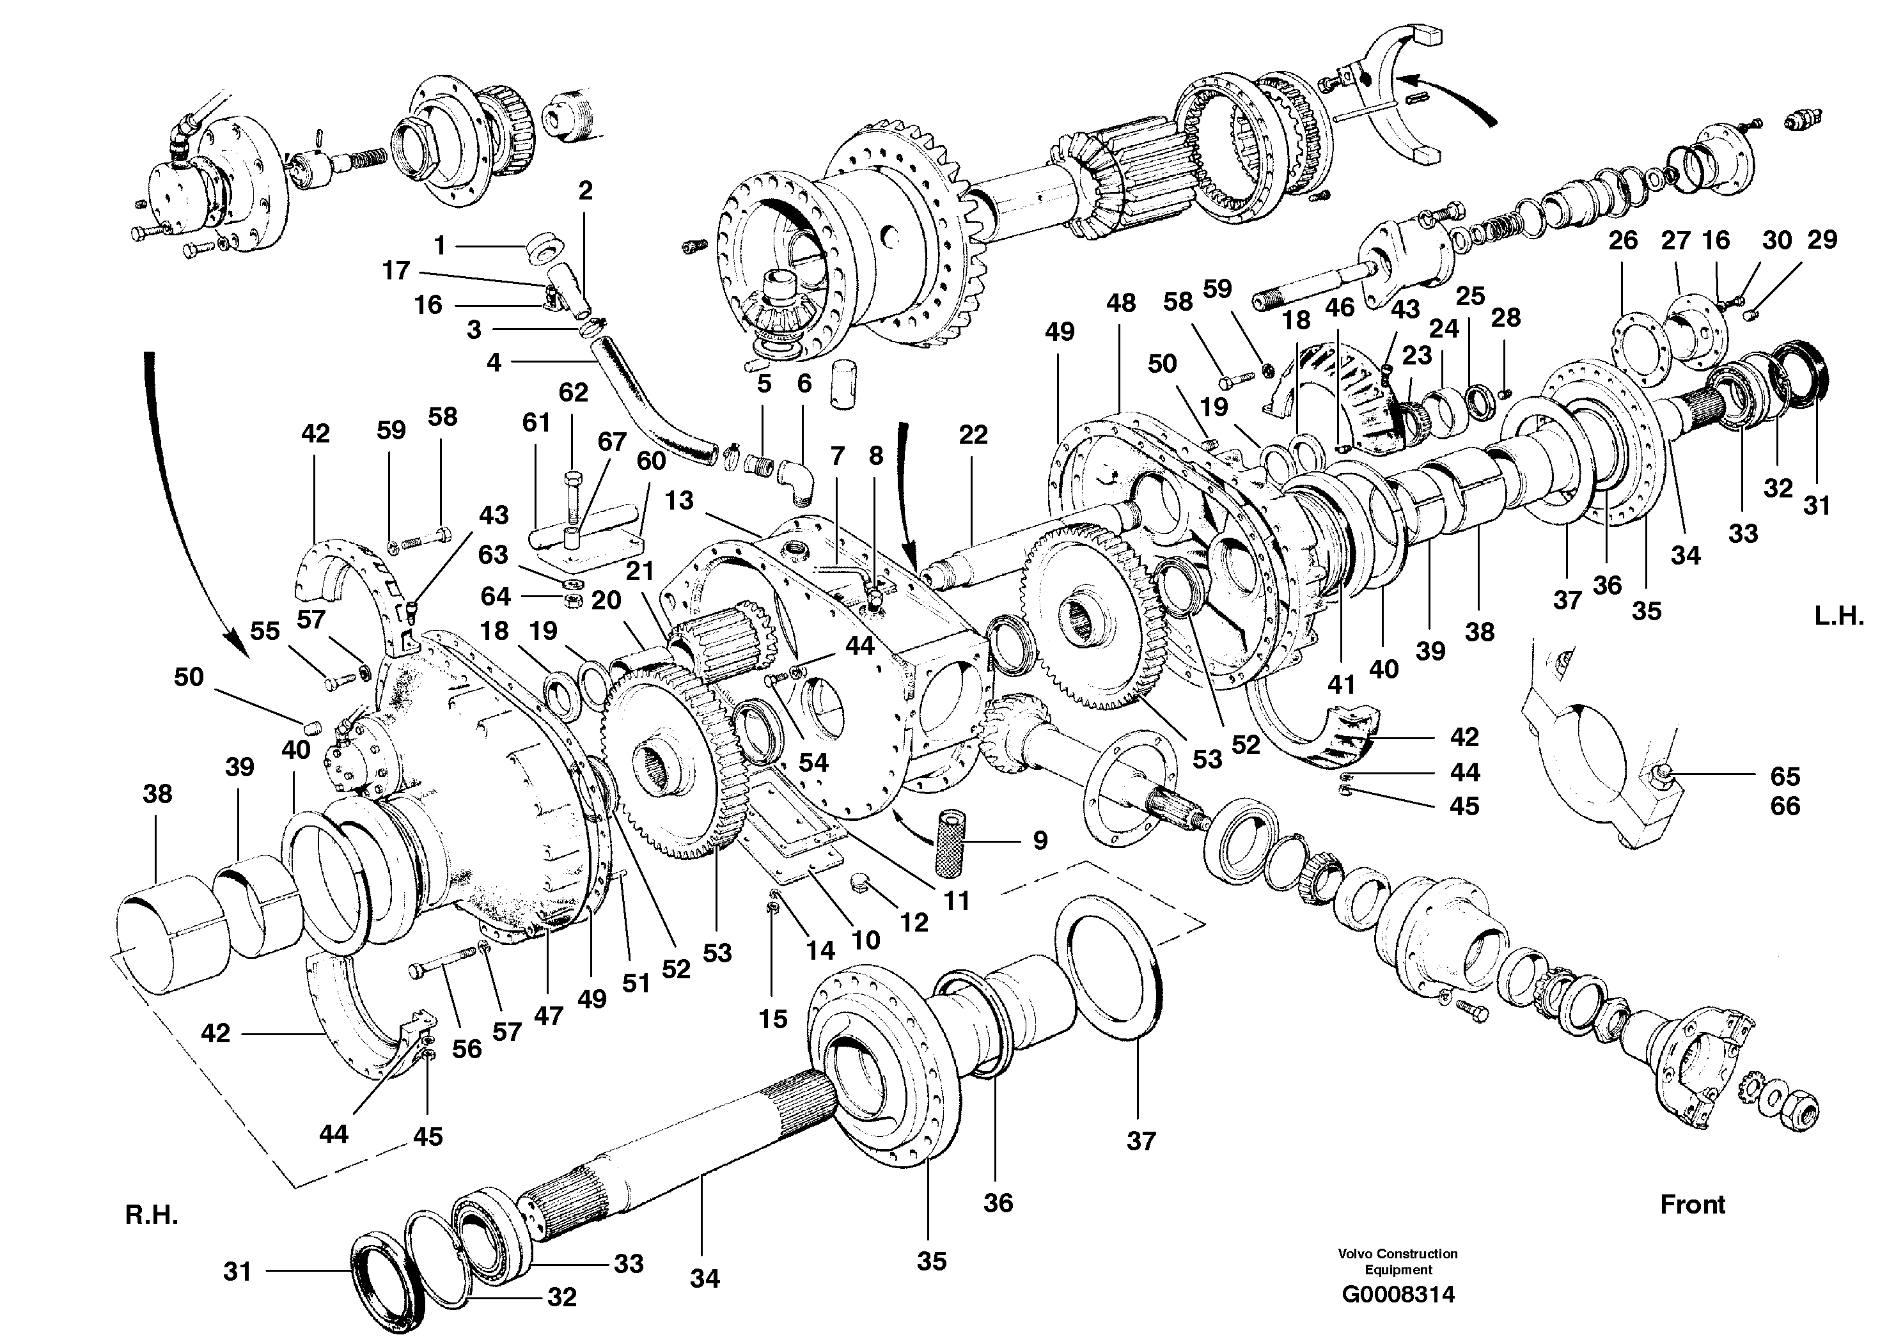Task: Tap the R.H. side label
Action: click(152, 1215)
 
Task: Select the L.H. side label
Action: click(1839, 616)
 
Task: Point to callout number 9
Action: click(1040, 840)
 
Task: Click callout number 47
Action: click(548, 1015)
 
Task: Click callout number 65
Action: click(1785, 776)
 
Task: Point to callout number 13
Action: click(679, 501)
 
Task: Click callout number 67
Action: click(612, 442)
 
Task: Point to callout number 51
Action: click(636, 983)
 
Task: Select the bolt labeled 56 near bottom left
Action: click(442, 964)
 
